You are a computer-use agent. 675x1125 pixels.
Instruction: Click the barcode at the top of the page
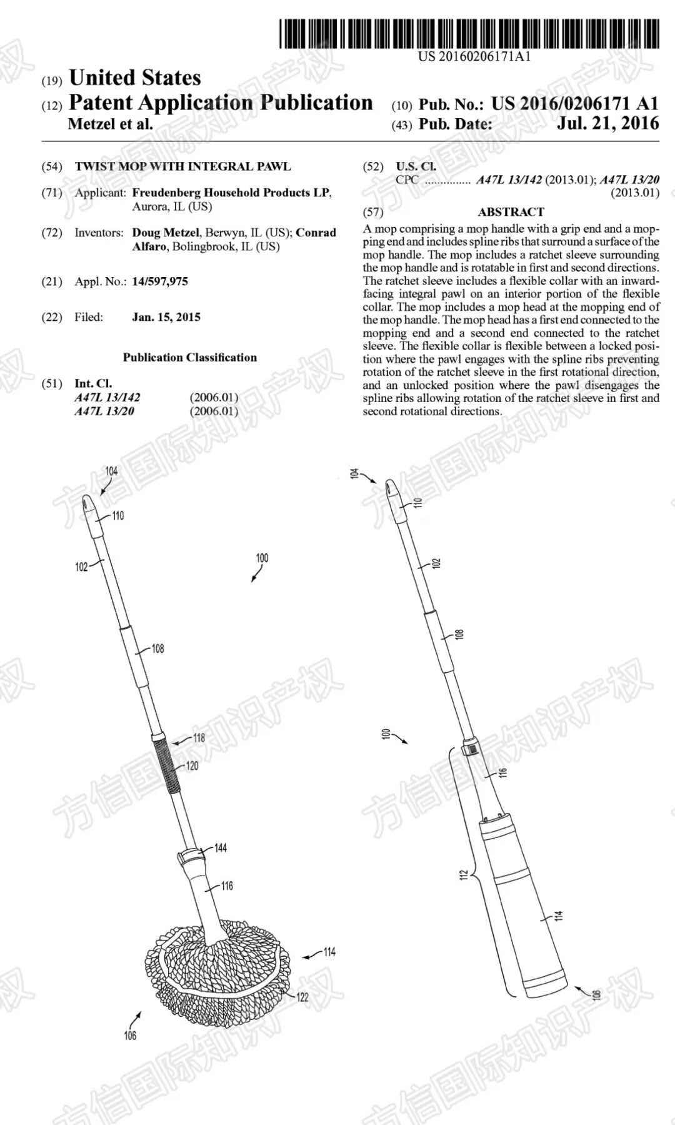tap(469, 34)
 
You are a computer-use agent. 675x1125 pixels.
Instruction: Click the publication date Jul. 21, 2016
tap(607, 123)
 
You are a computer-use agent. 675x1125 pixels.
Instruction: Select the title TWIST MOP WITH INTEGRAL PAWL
tap(182, 166)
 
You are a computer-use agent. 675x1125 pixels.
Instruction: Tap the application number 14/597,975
tap(160, 281)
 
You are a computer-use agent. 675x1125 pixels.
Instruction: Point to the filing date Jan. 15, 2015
tap(166, 317)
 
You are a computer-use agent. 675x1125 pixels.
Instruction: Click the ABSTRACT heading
tap(511, 212)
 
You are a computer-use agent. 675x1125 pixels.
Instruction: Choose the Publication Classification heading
tap(189, 358)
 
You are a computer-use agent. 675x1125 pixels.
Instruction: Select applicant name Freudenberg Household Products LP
tap(231, 193)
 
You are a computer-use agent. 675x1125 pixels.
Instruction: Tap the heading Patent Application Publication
tap(221, 103)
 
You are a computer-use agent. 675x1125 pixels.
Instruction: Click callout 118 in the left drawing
tap(199, 738)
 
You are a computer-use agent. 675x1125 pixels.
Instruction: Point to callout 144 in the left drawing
tap(220, 848)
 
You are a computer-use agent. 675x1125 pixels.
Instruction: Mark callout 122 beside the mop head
tap(302, 997)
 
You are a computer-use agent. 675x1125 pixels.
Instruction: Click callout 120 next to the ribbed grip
tap(192, 765)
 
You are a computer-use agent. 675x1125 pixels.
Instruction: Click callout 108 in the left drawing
tap(158, 648)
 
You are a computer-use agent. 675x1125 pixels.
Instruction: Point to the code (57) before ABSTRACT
tap(373, 212)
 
